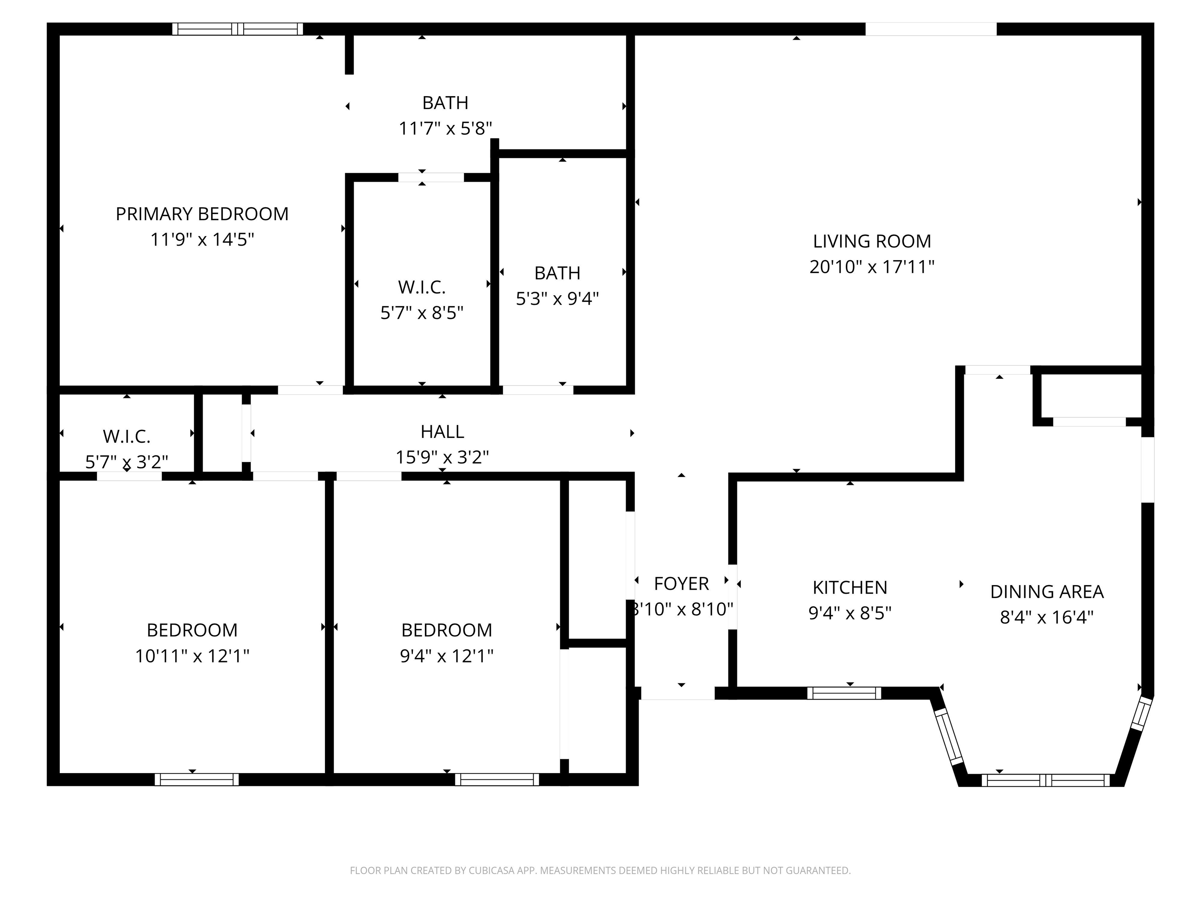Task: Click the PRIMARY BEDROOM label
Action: point(202,214)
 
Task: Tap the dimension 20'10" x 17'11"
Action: point(871,267)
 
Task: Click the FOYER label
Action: point(681,584)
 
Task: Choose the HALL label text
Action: point(442,432)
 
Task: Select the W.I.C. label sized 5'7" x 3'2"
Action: point(127,436)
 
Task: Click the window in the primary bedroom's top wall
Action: point(237,29)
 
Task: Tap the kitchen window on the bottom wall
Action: point(844,693)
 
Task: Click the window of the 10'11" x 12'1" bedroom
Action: point(197,779)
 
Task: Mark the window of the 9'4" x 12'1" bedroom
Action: point(497,779)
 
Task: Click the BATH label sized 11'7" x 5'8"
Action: point(445,102)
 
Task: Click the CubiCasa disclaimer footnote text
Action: point(600,870)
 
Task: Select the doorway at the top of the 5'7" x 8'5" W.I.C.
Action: point(431,178)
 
